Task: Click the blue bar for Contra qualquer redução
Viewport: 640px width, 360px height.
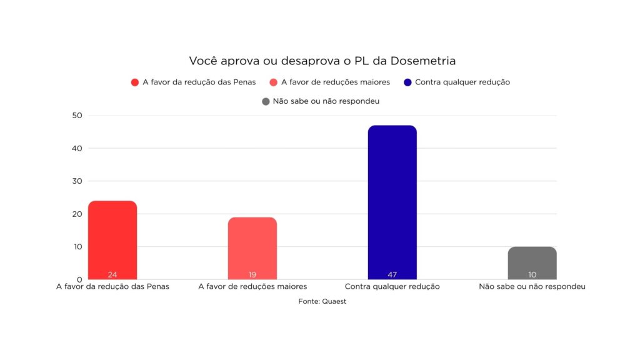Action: pos(392,200)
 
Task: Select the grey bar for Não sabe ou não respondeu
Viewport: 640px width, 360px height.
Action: pos(532,261)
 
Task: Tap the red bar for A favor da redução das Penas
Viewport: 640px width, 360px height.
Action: pos(112,237)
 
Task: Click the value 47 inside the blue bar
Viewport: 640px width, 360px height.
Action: pos(392,274)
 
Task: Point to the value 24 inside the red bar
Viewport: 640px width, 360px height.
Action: pos(112,274)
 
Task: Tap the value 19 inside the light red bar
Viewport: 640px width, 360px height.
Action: pos(252,274)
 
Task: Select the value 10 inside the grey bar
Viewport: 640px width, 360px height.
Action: pos(532,274)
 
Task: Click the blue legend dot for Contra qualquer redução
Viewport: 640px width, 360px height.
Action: pos(407,82)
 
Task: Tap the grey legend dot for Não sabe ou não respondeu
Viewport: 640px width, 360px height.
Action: pos(266,101)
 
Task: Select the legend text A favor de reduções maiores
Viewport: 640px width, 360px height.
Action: pos(336,82)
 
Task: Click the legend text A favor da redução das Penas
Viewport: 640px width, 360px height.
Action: pos(199,82)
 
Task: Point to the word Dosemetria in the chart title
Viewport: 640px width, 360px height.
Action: pos(423,61)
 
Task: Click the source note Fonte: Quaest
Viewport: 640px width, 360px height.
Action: pos(322,301)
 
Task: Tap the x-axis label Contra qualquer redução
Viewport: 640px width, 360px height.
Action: pos(392,287)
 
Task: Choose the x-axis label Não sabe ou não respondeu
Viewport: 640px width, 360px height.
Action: pos(532,287)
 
